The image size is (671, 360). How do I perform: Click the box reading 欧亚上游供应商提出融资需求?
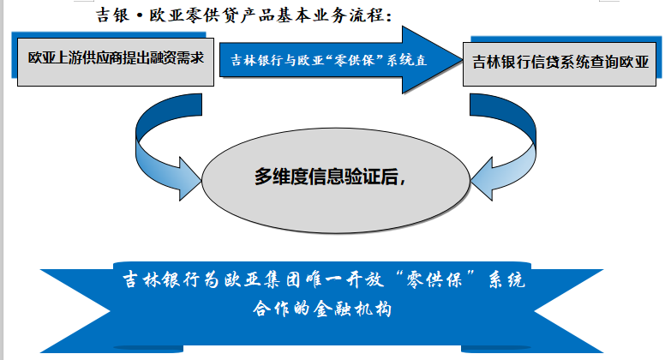116,62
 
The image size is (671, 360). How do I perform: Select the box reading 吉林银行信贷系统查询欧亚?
560,64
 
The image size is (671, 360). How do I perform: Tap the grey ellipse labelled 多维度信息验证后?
336,181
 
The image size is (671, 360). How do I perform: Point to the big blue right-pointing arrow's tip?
462,60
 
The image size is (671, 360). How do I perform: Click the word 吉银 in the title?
113,15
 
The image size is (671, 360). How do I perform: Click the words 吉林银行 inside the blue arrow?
251,60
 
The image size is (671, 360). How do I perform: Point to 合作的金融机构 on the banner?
322,309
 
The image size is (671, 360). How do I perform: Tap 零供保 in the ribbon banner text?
434,280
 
